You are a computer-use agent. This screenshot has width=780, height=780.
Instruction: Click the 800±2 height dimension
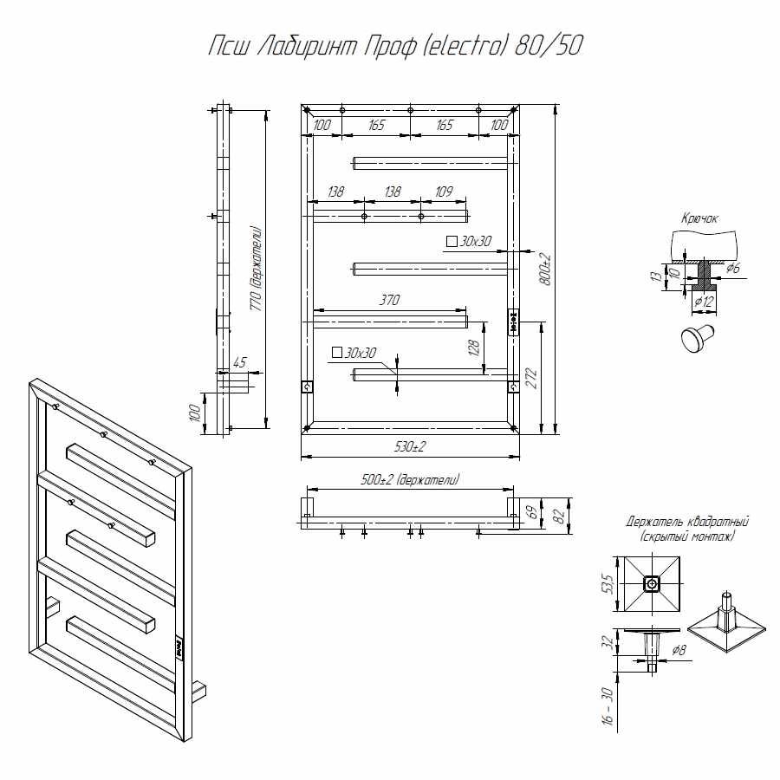click(544, 270)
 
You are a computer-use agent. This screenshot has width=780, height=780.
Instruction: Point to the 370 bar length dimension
click(388, 301)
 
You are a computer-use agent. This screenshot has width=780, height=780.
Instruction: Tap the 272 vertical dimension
click(531, 378)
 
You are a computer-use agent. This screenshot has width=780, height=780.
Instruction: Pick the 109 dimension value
click(444, 192)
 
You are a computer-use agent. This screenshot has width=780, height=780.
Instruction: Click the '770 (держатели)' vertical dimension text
click(256, 269)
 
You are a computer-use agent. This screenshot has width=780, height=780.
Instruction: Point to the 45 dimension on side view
click(241, 363)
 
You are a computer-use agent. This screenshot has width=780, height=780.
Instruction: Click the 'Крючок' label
click(699, 219)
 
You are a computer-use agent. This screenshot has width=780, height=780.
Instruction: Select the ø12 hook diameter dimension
click(705, 300)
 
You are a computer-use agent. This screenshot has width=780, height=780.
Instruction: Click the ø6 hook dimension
click(732, 269)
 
